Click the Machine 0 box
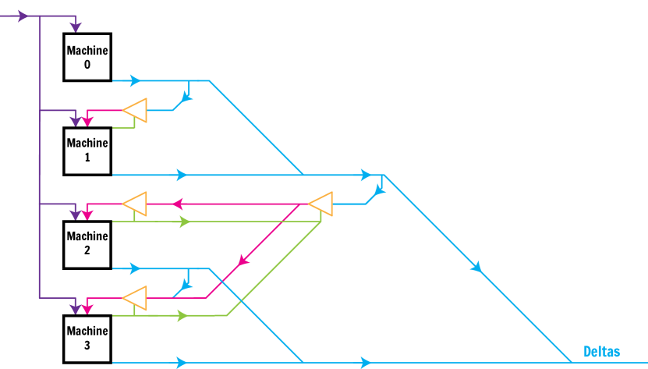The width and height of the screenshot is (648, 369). pos(87,57)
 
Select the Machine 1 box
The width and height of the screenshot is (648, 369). pos(87,150)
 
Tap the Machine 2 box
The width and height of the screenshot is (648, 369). pos(87,243)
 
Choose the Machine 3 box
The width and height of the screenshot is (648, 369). pos(87,337)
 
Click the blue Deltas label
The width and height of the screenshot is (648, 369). pos(601,352)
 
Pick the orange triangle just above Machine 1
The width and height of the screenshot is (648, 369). pos(136,111)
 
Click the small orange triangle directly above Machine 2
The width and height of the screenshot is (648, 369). pos(136,204)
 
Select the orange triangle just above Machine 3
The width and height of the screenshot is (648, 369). pos(136,298)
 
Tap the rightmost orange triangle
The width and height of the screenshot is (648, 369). pos(321,204)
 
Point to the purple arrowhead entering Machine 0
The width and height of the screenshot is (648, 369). pos(76,27)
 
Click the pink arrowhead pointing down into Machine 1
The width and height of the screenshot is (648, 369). pos(88,121)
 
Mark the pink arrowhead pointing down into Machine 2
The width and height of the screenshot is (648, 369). pos(88,215)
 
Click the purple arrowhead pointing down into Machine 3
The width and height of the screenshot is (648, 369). pos(76,308)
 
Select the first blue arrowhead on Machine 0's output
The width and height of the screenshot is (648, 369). pos(136,80)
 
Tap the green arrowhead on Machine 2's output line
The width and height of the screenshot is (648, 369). pos(184,222)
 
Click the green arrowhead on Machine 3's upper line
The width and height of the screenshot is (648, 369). pos(182,316)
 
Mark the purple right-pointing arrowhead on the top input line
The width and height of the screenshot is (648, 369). pos(22,16)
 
